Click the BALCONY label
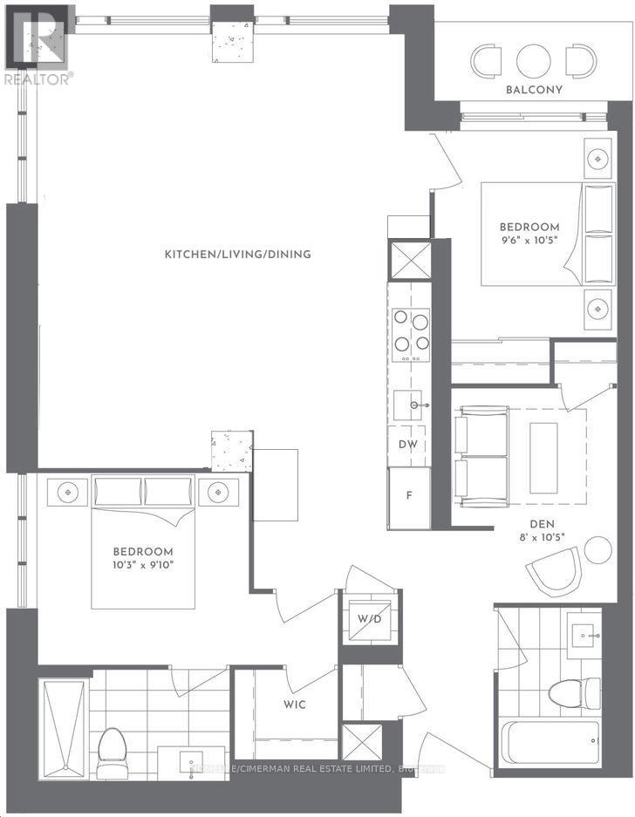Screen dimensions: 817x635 [x=534, y=90]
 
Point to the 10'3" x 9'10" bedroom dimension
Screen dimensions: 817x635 [x=143, y=564]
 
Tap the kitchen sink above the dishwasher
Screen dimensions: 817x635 [x=411, y=405]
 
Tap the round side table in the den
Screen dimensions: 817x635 [x=597, y=550]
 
